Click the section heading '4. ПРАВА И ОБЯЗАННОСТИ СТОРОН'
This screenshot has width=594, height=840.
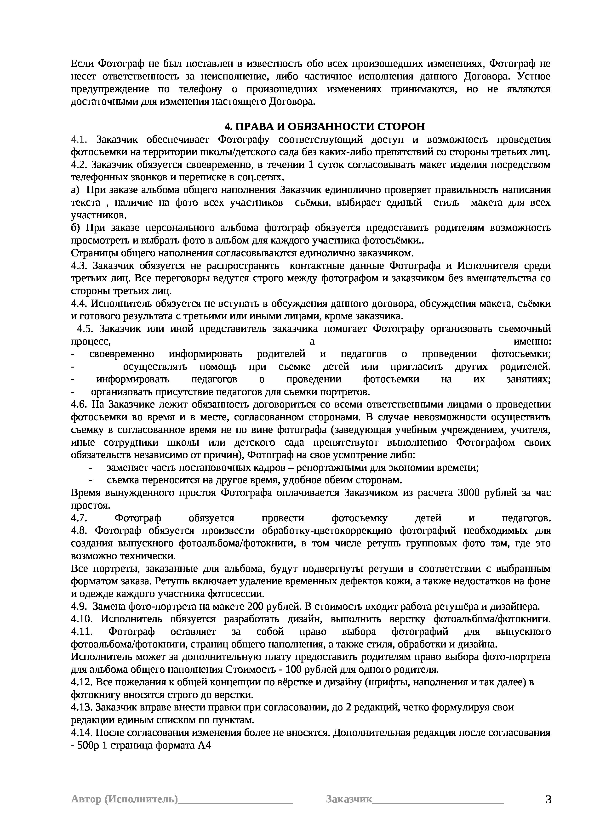[x=324, y=127]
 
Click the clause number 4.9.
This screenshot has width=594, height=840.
[x=79, y=607]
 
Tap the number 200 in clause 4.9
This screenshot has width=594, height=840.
[x=255, y=607]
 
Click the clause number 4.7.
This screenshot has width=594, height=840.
[x=79, y=518]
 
